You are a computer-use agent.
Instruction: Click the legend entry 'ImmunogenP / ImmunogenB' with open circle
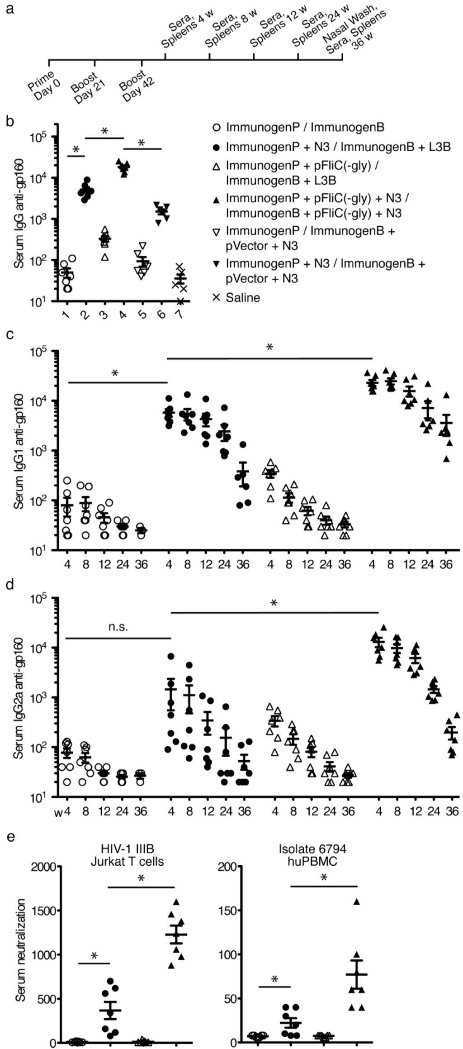(298, 128)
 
